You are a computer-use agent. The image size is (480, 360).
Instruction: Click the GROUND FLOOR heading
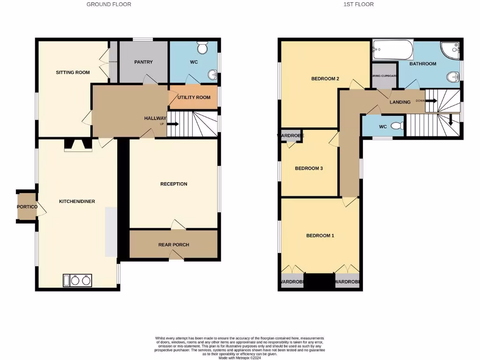[x=109, y=4]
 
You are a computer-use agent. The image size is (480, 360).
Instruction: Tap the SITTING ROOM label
[x=73, y=72]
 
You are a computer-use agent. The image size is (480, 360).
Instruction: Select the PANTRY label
[x=143, y=62]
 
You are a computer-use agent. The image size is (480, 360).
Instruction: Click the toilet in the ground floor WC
[x=203, y=48]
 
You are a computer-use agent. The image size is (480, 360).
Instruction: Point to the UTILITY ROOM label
[x=194, y=97]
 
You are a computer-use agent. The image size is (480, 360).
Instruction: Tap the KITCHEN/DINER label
[x=77, y=202]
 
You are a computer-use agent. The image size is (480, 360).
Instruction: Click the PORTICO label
[x=27, y=207]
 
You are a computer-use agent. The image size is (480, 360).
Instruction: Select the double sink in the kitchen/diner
[x=78, y=280]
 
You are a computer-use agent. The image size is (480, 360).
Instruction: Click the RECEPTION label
[x=173, y=184]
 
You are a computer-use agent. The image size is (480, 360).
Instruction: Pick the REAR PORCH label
[x=173, y=245]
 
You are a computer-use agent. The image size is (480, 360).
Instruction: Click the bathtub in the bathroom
[x=393, y=50]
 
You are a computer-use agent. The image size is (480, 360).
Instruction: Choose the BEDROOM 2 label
[x=325, y=79]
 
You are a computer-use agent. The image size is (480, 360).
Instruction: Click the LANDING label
[x=400, y=102]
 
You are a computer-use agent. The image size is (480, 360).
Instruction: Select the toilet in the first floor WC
[x=397, y=126]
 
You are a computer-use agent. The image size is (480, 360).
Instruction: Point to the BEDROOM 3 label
[x=309, y=168]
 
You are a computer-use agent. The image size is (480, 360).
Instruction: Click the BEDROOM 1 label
[x=320, y=236]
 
